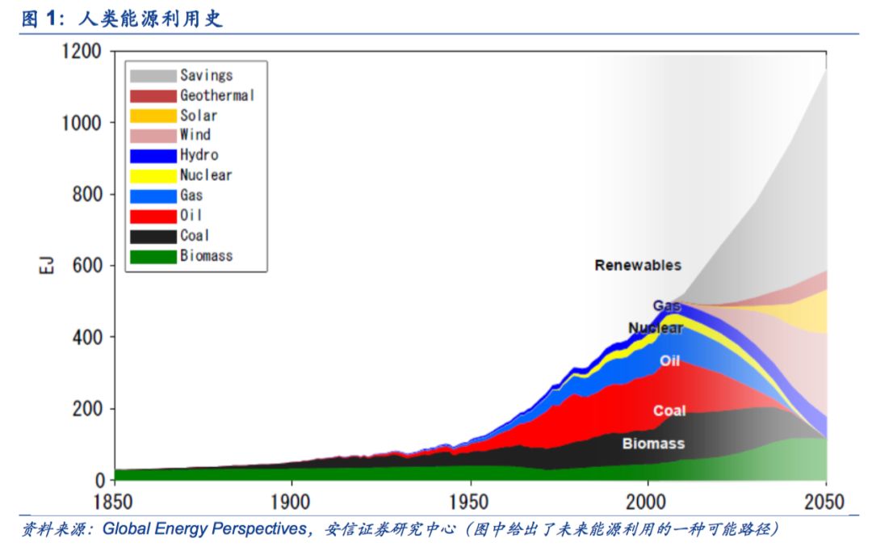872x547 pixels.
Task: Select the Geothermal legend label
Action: [x=217, y=95]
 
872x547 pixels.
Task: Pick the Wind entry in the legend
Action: [x=195, y=135]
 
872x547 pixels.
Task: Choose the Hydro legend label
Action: [x=199, y=155]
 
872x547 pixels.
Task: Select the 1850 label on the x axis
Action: [x=115, y=502]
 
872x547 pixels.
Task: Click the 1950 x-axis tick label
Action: [x=470, y=502]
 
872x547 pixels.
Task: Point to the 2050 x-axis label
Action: [x=825, y=502]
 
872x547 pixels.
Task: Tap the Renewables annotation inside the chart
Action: [x=638, y=265]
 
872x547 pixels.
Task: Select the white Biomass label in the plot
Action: [x=653, y=444]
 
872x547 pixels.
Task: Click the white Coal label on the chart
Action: [x=669, y=410]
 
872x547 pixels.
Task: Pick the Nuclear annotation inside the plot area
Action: [x=656, y=328]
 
